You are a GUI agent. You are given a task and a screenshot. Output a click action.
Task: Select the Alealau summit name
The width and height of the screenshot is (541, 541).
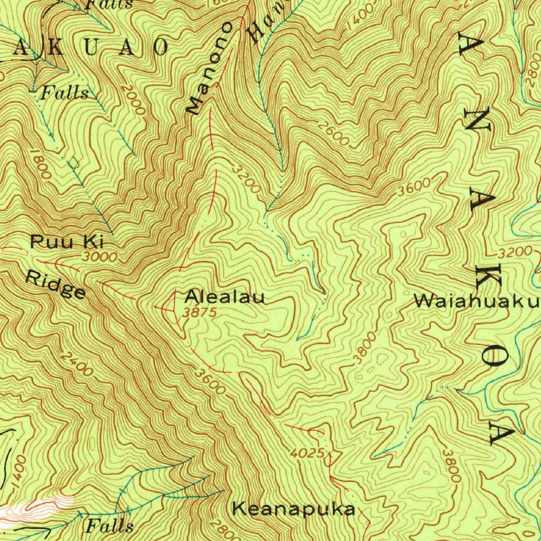225,297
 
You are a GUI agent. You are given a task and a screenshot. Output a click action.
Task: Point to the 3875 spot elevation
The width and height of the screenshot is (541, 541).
200,312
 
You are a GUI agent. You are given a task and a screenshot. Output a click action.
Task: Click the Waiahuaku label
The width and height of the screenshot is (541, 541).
476,301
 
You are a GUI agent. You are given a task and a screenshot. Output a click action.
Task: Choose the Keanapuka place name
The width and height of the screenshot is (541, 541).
294,509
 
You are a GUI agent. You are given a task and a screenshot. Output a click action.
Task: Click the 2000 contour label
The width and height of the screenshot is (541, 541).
132,99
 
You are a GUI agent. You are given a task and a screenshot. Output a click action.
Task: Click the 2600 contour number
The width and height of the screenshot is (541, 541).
334,135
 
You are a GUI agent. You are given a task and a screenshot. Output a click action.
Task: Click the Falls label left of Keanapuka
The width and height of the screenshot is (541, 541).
109,526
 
